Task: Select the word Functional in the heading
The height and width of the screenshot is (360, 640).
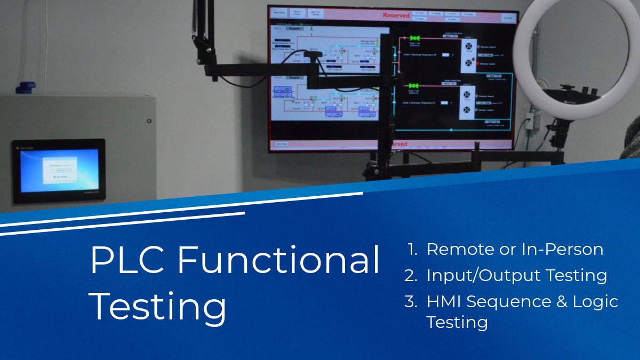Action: pos(278,260)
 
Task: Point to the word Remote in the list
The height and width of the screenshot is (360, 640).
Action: pos(458,249)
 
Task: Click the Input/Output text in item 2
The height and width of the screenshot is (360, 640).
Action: pos(476,276)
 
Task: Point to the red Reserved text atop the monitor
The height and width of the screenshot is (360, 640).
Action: pos(396,15)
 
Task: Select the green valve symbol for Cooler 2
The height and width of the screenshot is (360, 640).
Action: pos(414,85)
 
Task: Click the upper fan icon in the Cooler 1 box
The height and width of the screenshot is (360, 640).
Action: pos(468,45)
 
